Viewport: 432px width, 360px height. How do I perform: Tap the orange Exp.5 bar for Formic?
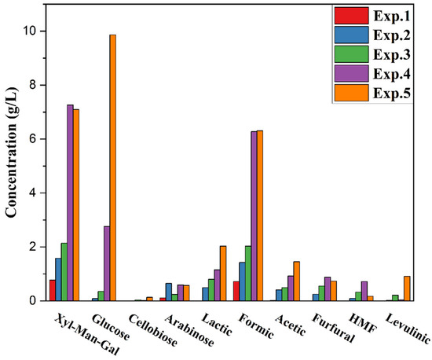click(260, 215)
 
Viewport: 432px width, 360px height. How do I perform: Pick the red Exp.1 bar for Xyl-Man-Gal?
click(53, 290)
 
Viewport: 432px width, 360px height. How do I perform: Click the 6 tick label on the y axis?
click(35, 139)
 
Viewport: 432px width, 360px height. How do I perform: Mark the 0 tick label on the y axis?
click(35, 300)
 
